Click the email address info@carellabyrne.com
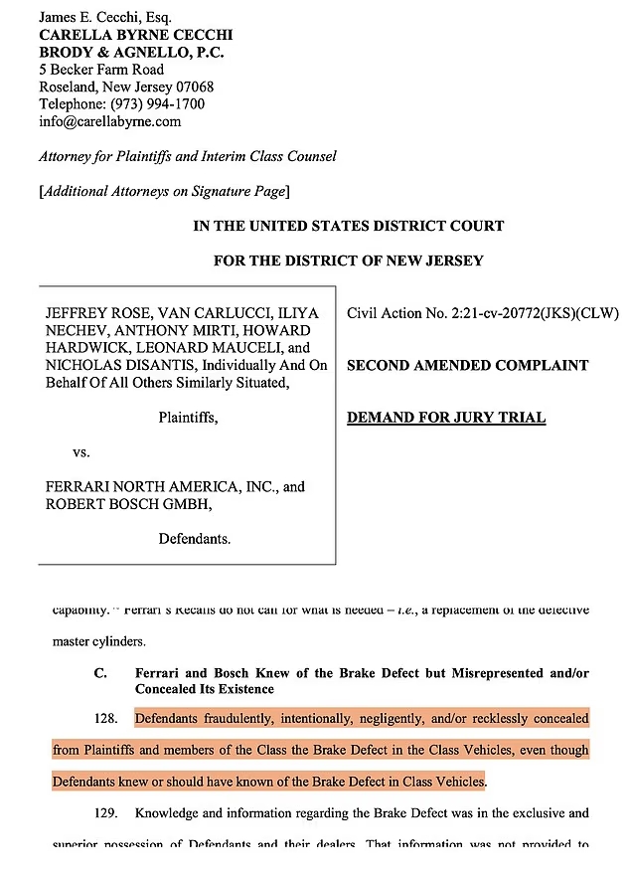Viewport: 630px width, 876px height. coord(109,121)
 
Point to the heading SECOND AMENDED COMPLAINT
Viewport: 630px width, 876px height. coord(467,366)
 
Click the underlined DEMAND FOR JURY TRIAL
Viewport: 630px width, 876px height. coord(446,418)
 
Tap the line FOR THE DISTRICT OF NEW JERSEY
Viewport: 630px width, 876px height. coord(348,261)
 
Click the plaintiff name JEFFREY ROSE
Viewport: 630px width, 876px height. coord(88,313)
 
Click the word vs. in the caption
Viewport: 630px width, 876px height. coord(81,451)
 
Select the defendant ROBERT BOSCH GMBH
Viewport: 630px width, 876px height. coord(127,504)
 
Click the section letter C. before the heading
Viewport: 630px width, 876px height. coord(100,672)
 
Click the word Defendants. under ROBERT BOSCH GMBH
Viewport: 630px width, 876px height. coord(195,540)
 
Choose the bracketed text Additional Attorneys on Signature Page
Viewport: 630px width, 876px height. coord(164,192)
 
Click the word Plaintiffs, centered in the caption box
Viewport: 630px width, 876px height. coord(188,418)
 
